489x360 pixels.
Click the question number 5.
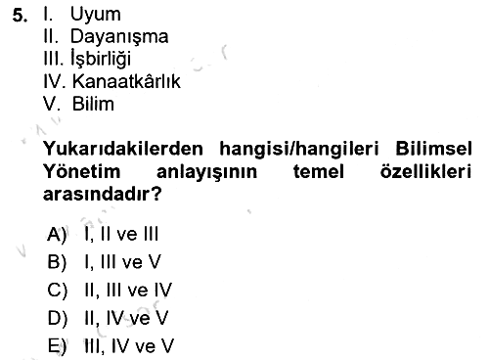click(x=20, y=15)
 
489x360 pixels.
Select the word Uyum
click(x=95, y=15)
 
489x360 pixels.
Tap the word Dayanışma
click(x=119, y=37)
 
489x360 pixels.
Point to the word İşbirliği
click(x=101, y=59)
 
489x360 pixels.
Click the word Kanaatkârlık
click(x=126, y=81)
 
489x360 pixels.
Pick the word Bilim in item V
click(x=93, y=104)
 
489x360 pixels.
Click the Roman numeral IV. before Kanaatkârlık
click(x=55, y=81)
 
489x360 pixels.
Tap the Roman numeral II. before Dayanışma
click(x=51, y=36)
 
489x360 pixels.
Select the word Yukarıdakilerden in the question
click(x=123, y=149)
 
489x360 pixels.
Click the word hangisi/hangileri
click(x=299, y=150)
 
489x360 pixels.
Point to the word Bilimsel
click(x=433, y=149)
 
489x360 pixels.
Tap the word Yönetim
click(x=82, y=171)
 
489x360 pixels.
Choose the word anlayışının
click(x=206, y=172)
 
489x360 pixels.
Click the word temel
click(x=319, y=171)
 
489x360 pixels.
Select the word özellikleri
click(x=425, y=171)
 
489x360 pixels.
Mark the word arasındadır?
click(x=103, y=194)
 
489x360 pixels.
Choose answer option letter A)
click(x=57, y=234)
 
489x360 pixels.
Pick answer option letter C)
click(x=58, y=290)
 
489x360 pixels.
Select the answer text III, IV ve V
click(x=129, y=346)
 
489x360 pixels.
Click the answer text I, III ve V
click(x=122, y=261)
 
